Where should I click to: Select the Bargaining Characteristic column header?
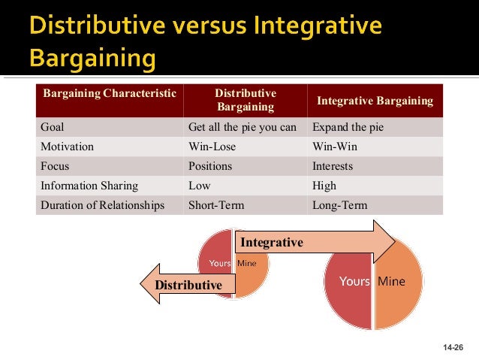click(110, 93)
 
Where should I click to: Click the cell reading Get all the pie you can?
click(243, 127)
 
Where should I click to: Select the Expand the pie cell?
click(348, 127)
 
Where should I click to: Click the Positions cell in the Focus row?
click(209, 166)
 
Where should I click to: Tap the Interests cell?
click(333, 166)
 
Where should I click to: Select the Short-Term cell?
click(216, 205)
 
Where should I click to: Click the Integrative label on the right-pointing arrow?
click(271, 243)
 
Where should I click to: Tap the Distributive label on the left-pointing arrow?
click(188, 286)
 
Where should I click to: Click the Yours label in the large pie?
click(355, 282)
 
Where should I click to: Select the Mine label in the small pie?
click(246, 263)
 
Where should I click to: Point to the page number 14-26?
click(453, 347)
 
